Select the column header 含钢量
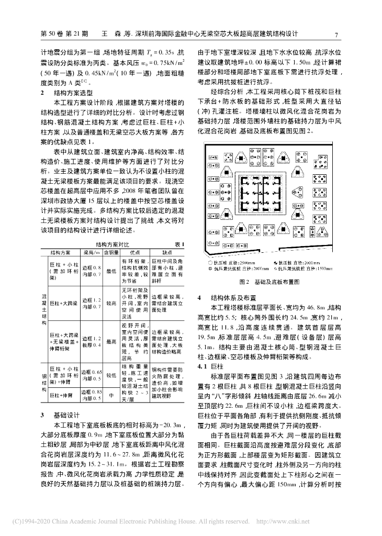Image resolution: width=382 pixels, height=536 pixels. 110,252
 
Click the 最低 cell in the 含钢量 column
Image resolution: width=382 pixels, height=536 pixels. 110,271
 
